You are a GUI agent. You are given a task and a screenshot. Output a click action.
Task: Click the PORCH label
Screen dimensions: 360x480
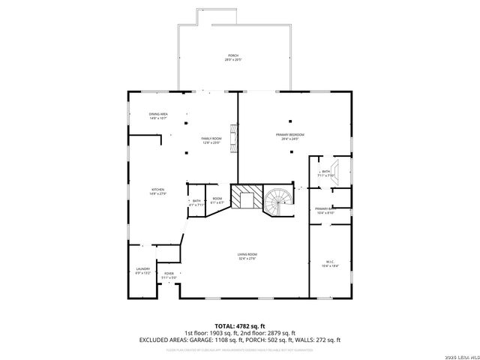click(x=233, y=58)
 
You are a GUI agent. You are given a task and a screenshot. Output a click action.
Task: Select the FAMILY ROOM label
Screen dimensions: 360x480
click(x=211, y=141)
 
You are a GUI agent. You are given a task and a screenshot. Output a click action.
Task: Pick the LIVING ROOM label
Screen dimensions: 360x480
click(x=247, y=256)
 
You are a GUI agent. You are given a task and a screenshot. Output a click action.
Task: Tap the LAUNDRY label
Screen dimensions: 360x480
click(x=142, y=271)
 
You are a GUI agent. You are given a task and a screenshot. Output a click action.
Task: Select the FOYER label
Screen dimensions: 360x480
click(x=169, y=275)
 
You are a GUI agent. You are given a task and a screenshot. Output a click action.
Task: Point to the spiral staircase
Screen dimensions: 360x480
click(x=278, y=200)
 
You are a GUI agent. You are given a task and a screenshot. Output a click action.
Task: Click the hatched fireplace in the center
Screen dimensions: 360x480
click(x=245, y=199)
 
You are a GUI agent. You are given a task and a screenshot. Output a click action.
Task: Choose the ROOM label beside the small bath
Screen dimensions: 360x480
click(x=217, y=200)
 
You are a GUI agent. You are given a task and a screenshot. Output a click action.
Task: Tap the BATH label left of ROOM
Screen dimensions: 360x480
click(x=196, y=202)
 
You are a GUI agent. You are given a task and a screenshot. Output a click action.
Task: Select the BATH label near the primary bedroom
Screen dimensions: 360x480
click(x=325, y=173)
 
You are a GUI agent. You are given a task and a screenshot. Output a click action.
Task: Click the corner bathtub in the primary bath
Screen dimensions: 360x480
click(x=337, y=170)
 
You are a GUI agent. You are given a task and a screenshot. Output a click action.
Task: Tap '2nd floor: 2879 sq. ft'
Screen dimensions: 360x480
click(x=271, y=333)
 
